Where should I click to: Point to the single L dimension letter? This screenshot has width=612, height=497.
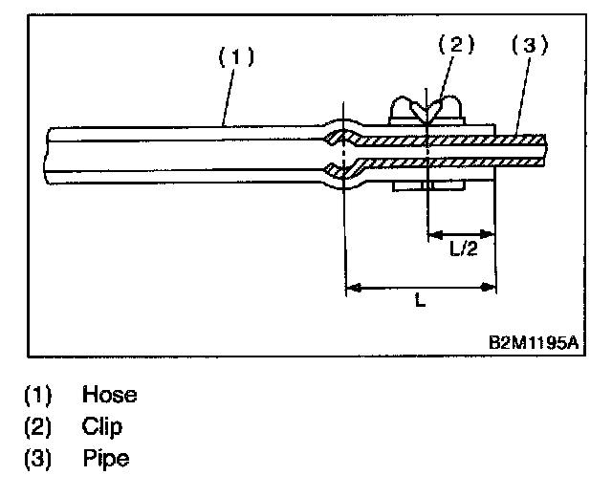[421, 300]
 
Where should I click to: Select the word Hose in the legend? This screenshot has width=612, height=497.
[109, 395]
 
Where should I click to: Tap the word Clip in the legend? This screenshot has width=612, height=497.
[102, 426]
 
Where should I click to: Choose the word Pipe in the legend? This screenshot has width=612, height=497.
[105, 458]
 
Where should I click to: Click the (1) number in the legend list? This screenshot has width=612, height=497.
[37, 395]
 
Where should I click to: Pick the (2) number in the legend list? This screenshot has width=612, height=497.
[37, 426]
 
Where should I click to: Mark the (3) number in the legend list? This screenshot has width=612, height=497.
[37, 458]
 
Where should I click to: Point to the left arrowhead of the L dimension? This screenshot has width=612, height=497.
[351, 285]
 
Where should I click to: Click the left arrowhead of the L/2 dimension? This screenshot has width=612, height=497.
[433, 232]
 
